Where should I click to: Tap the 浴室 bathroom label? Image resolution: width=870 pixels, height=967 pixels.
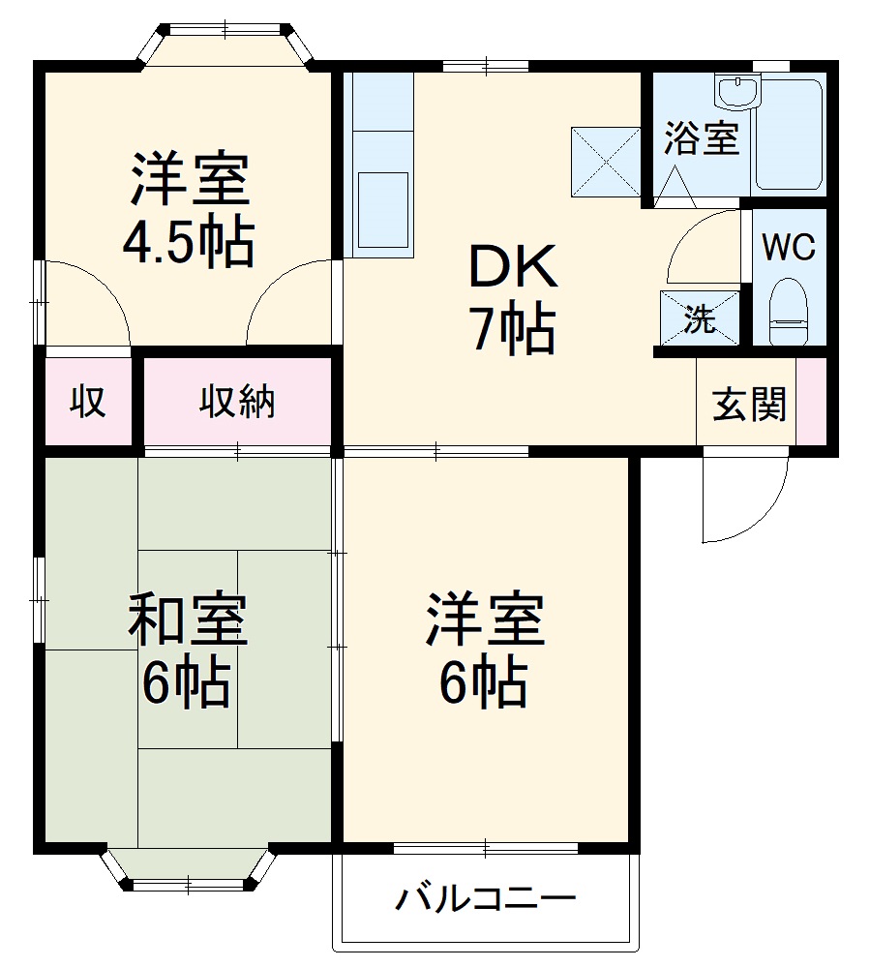(x=702, y=139)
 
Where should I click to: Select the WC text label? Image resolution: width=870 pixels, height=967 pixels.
(x=789, y=247)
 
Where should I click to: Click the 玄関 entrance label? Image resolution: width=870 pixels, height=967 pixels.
(x=749, y=405)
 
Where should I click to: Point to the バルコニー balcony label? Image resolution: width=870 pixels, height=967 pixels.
(x=485, y=900)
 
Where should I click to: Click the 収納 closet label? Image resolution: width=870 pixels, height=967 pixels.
(x=237, y=401)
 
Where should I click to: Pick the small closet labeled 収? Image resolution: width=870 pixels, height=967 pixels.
(x=88, y=401)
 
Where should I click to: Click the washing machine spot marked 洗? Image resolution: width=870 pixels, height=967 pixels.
(x=699, y=318)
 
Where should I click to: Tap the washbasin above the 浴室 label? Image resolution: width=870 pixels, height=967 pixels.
(x=739, y=94)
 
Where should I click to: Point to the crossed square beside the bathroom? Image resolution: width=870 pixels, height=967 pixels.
(x=606, y=162)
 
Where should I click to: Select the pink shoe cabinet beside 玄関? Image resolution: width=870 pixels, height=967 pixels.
(x=811, y=403)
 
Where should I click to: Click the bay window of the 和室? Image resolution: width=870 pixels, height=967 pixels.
(x=188, y=867)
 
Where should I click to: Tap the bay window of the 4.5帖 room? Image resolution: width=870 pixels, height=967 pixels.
(x=228, y=44)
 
